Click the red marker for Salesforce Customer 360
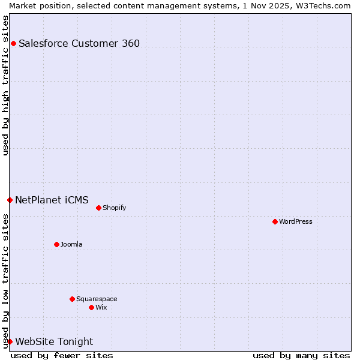[x=13, y=43]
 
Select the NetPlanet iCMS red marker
[x=10, y=200]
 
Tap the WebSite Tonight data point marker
[x=10, y=341]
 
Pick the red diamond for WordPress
[x=275, y=221]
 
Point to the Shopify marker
[x=98, y=208]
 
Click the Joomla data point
[x=56, y=244]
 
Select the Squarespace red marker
[x=72, y=299]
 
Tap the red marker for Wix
[x=91, y=307]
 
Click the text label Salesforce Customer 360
[x=79, y=43]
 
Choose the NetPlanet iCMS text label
[x=52, y=200]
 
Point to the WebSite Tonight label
[x=54, y=341]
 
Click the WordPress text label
[x=296, y=221]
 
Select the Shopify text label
[x=114, y=208]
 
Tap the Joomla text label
[x=71, y=244]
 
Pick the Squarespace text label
[x=97, y=299]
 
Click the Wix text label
[x=101, y=307]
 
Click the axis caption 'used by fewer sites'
[x=62, y=355]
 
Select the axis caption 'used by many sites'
[x=301, y=355]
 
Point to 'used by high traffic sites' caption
[x=5, y=85]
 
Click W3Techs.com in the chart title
[x=322, y=5]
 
